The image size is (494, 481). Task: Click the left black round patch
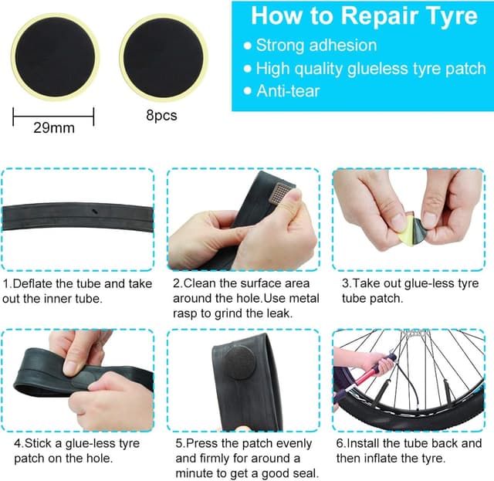pos(53,59)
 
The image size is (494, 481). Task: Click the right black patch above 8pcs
pos(164,59)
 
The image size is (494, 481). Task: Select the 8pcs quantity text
pos(161,116)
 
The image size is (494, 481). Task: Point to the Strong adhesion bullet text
pos(316,45)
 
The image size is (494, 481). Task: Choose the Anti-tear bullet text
pos(287,90)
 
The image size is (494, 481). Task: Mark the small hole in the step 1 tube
pos(93,213)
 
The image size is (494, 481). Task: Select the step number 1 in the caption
pos(7,283)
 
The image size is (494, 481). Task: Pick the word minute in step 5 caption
pos(194,474)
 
